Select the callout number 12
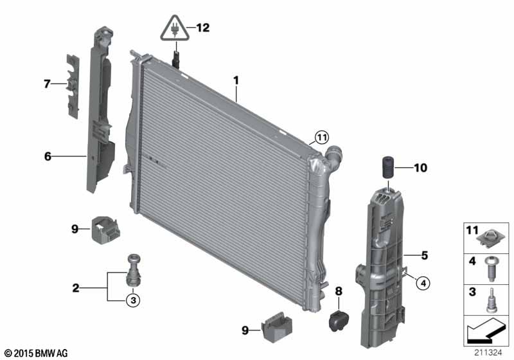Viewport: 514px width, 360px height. [203, 28]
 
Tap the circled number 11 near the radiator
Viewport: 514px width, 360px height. [322, 138]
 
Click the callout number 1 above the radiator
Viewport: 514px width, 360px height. [236, 80]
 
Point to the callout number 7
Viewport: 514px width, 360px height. [47, 84]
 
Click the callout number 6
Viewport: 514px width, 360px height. [48, 156]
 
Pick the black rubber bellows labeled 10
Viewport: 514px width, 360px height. [388, 167]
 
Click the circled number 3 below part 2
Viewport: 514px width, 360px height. [133, 300]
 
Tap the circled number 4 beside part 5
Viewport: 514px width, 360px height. [423, 283]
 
